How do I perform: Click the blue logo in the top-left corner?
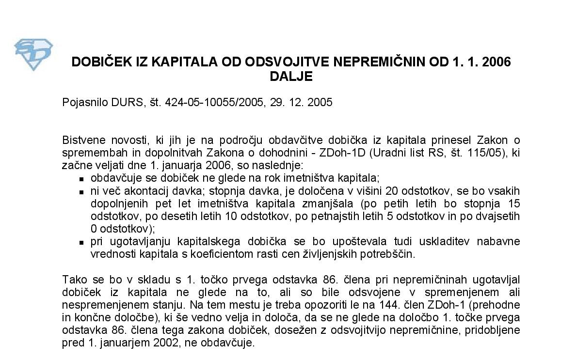tap(33, 54)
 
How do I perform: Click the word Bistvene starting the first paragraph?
tap(81, 141)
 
